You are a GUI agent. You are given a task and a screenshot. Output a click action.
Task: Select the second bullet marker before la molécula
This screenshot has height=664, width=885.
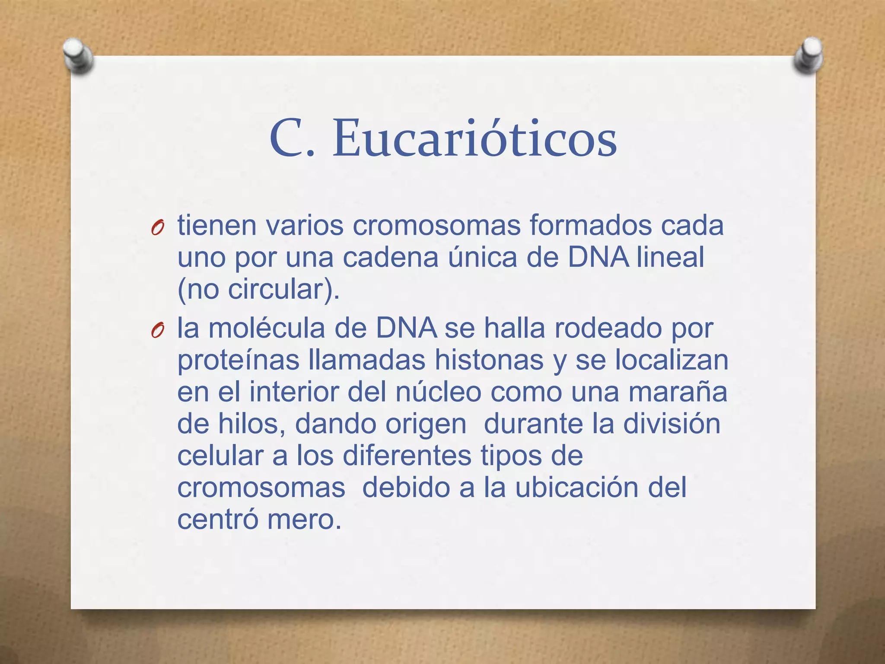tap(157, 330)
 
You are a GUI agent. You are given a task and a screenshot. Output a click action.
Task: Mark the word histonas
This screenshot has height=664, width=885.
tap(489, 360)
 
